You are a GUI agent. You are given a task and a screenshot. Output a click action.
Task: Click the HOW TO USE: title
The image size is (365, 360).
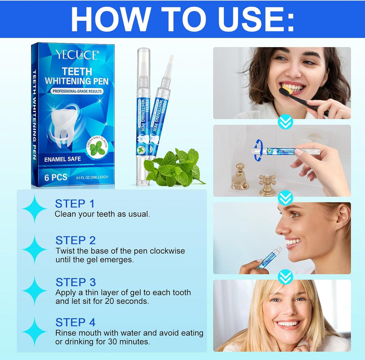coord(182,19)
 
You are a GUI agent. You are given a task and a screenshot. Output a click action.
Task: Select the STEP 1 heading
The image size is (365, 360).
coord(75,204)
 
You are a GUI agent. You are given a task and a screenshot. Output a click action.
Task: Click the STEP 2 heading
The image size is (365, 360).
coord(76,240)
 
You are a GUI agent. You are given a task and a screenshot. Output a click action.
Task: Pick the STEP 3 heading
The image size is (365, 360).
coord(76,282)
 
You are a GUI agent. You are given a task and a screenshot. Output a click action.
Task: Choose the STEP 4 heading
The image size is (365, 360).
coord(76,322)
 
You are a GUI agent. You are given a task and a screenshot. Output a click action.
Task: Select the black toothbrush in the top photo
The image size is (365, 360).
coord(299,99)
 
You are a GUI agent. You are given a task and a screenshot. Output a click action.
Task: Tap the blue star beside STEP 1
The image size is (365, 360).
coord(35,209)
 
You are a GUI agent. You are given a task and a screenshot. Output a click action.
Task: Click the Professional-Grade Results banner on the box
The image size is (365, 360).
coord(77,91)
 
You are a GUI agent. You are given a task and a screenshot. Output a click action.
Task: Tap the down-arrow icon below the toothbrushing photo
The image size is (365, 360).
coord(286,122)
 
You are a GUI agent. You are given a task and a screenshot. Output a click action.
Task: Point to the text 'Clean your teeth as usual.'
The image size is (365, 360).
coord(102,214)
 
